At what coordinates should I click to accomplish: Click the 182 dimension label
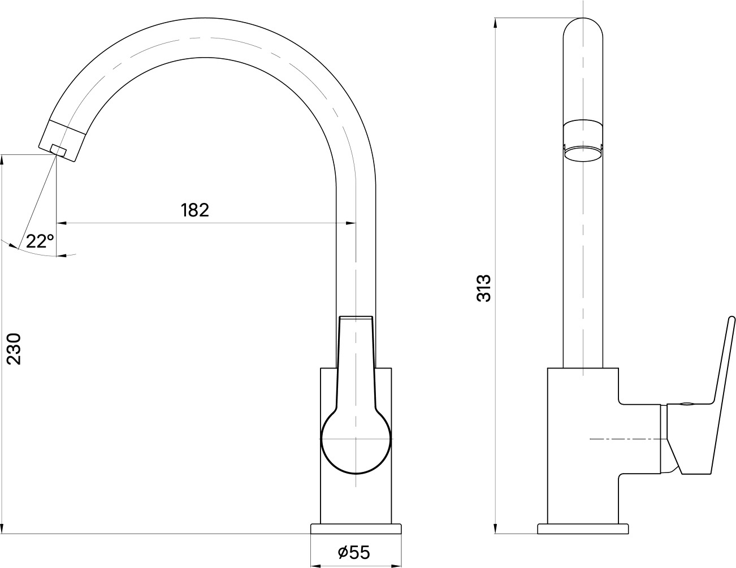(x=195, y=210)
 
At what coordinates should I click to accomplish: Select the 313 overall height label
(x=483, y=288)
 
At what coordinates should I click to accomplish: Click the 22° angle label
(x=40, y=241)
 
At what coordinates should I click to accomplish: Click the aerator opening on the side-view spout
(x=583, y=154)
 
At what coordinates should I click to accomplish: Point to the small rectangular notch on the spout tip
(x=58, y=149)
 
